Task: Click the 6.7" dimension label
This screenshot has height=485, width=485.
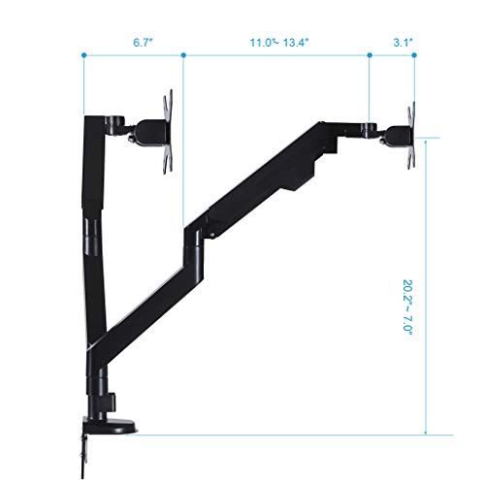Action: click(134, 42)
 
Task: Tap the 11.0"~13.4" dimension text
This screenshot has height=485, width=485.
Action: click(277, 42)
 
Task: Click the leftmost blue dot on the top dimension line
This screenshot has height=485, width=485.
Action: click(83, 56)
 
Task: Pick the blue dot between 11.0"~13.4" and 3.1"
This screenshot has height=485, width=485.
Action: click(371, 56)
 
